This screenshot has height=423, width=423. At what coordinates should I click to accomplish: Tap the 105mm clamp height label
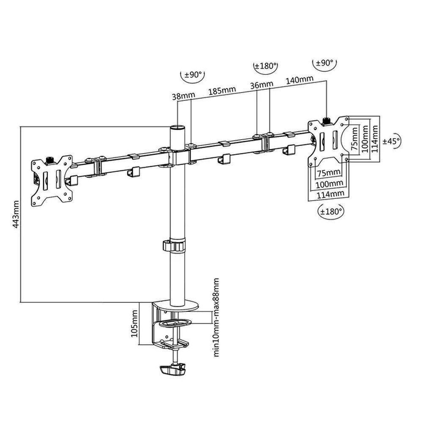[x=135, y=323]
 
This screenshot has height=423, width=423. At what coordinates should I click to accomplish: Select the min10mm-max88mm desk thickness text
[x=216, y=317]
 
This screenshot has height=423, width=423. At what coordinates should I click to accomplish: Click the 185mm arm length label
[x=222, y=90]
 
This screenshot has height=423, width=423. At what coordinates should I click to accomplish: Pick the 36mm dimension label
[x=262, y=85]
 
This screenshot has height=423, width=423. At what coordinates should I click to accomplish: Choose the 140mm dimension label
[x=300, y=79]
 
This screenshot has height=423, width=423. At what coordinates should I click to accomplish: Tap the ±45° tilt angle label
[x=391, y=141]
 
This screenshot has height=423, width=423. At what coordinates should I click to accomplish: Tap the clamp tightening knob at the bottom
[x=173, y=371]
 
